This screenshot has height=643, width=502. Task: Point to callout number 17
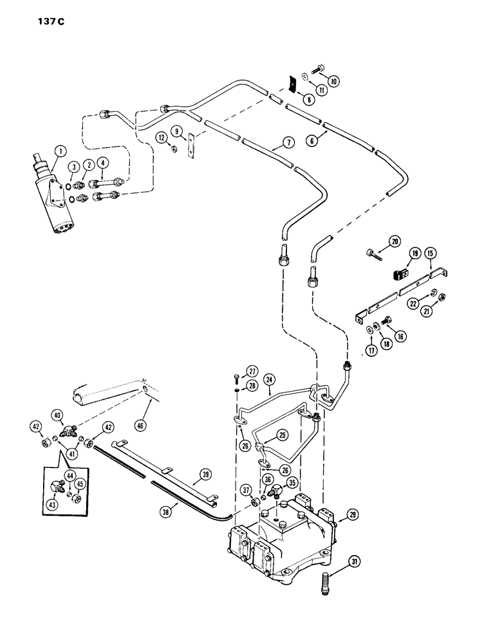[x=370, y=350]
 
